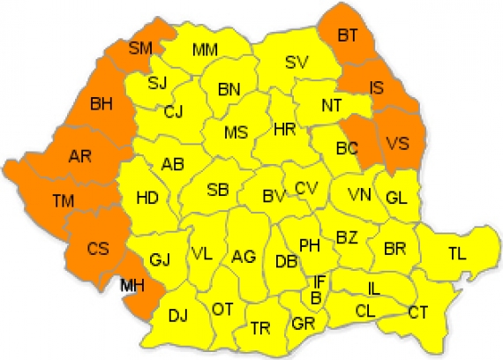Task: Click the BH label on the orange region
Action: coord(101,104)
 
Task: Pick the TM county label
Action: coord(62,202)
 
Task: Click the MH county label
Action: coord(131,284)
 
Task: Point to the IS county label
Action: coord(377,87)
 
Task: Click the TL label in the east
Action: coord(456,254)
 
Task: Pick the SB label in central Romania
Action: coord(218,191)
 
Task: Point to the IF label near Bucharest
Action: coord(319,281)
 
